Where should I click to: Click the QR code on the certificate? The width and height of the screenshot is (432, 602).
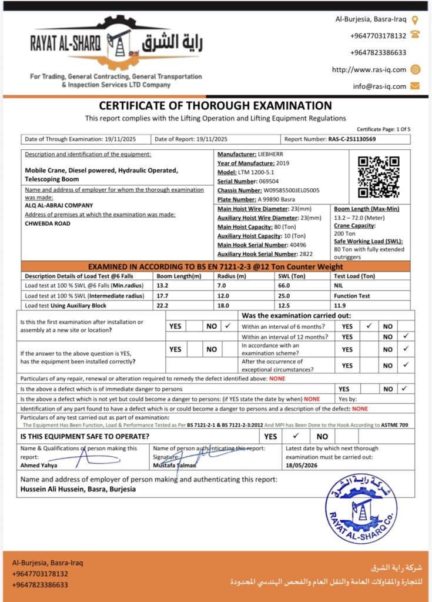pos(379,177)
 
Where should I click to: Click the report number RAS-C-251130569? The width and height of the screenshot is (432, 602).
pos(351,139)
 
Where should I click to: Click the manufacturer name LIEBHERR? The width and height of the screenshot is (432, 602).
pos(270,154)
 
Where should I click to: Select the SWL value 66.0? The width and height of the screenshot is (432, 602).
pos(283,286)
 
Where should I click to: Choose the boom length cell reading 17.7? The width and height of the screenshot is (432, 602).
pos(162,296)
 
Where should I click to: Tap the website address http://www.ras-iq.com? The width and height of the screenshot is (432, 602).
pos(369,69)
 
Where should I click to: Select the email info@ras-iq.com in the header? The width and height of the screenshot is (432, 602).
pos(379,86)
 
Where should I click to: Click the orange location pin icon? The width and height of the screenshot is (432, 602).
pos(415,19)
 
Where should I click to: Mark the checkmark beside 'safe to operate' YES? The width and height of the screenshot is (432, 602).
pos(296,436)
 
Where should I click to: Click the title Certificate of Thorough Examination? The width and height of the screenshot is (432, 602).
pos(215,106)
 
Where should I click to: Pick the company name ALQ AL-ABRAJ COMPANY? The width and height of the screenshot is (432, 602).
pos(59,205)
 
